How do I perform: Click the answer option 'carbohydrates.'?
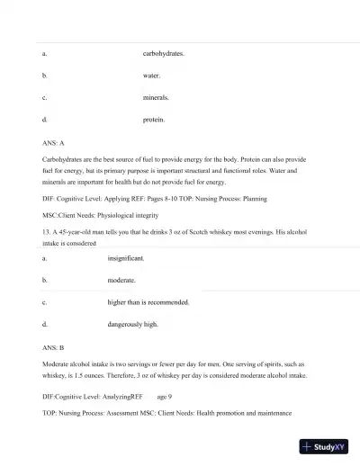tap(164, 54)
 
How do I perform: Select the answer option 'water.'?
tap(151, 76)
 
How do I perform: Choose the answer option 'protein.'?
tap(153, 119)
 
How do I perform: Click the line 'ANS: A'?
tap(54, 142)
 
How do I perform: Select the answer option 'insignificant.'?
tap(126, 257)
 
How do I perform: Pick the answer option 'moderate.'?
tap(121, 279)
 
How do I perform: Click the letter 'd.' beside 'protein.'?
tap(45, 119)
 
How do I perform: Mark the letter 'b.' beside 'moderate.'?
tap(45, 279)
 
